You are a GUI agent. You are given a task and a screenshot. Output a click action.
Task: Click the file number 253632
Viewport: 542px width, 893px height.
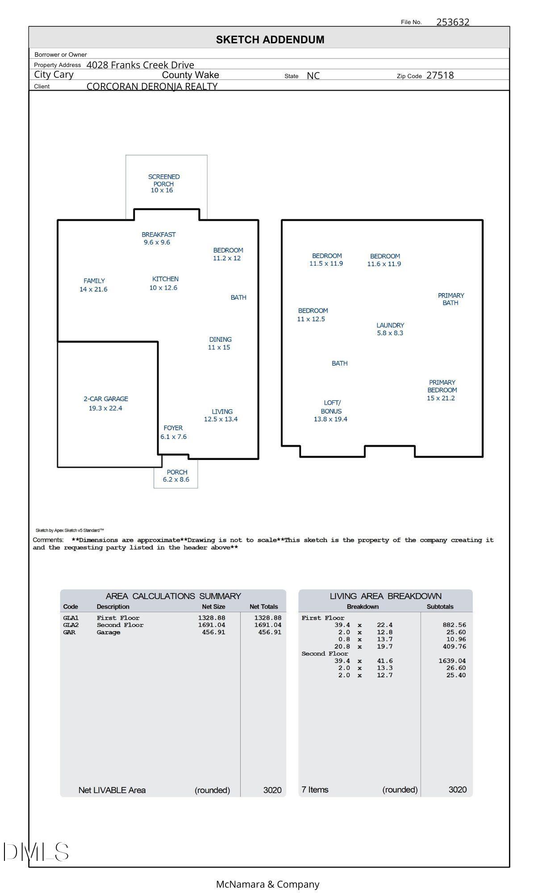coord(452,22)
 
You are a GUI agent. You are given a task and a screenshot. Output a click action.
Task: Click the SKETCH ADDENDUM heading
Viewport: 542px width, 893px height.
coord(270,40)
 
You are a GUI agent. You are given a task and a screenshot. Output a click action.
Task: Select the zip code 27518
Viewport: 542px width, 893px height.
coord(440,75)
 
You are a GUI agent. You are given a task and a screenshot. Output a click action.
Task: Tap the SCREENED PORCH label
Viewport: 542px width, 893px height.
coord(164,180)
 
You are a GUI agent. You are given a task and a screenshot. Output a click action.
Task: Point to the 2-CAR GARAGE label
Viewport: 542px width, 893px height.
coord(106,399)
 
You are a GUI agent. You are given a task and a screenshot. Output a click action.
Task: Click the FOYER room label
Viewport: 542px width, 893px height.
coord(173,428)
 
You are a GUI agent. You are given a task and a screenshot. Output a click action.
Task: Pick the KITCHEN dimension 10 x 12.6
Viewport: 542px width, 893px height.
coord(163,288)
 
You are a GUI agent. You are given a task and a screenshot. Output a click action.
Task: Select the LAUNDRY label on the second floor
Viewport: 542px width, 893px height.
coord(390,325)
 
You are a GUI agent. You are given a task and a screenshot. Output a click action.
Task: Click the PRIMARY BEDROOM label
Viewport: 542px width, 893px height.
coord(442,386)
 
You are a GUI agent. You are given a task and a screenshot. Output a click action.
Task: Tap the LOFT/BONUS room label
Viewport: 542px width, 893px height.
coord(331,407)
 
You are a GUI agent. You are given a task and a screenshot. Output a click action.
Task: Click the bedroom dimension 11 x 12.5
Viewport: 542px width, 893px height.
coord(311,319)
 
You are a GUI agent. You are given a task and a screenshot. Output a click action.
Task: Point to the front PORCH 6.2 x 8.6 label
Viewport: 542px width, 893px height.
coord(176,476)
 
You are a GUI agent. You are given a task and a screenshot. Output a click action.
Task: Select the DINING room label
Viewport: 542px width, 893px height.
coord(221,339)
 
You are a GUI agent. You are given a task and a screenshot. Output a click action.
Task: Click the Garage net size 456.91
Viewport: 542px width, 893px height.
coord(213,632)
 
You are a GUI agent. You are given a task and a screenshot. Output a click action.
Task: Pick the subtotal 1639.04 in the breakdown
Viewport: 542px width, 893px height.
coord(452,661)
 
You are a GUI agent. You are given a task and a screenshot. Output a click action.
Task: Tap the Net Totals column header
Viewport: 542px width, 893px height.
coord(263,607)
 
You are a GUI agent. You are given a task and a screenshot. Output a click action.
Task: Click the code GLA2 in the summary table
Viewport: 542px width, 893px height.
coord(71,625)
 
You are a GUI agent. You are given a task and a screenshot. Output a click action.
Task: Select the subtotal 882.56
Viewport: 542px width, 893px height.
coord(454,625)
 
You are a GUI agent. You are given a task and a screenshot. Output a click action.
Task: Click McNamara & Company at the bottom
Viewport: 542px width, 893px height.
coord(268,884)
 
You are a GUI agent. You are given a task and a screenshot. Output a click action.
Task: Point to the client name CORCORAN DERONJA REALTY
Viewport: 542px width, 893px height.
coord(152,86)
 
